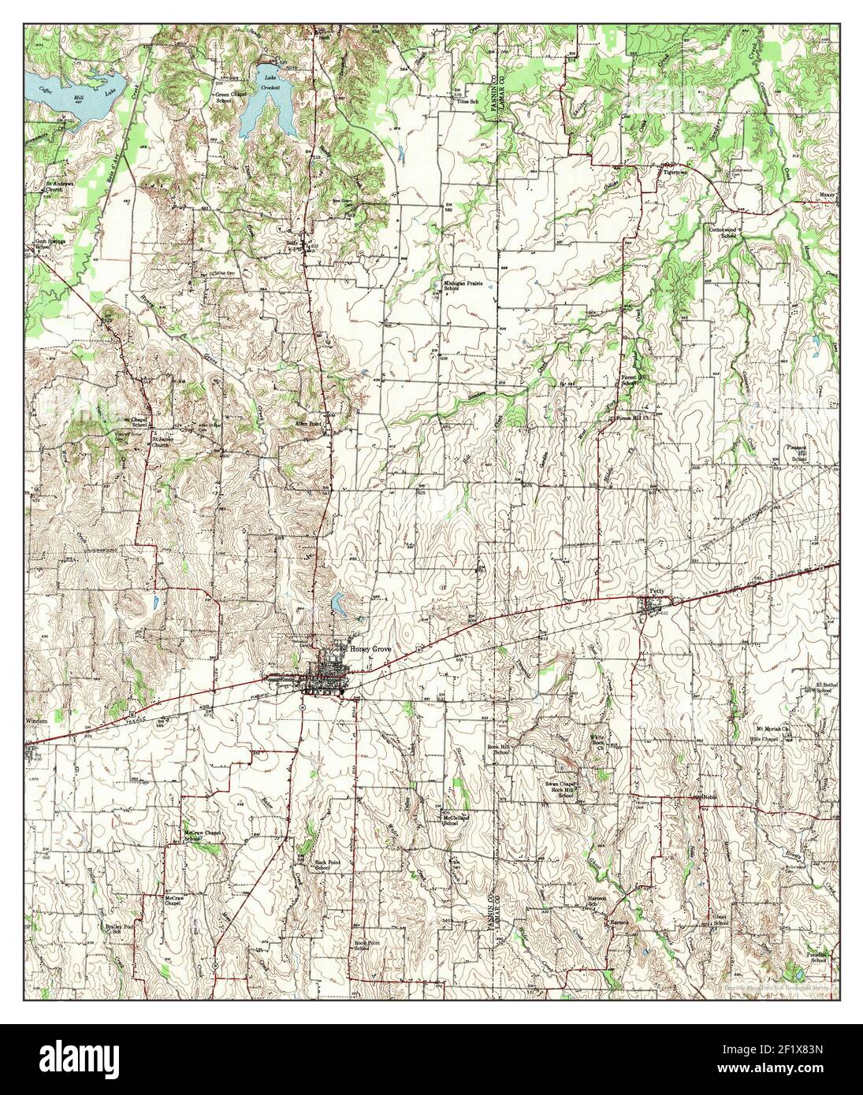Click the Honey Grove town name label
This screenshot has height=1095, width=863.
(370, 648)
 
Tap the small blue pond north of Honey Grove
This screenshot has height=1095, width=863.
(339, 603)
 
